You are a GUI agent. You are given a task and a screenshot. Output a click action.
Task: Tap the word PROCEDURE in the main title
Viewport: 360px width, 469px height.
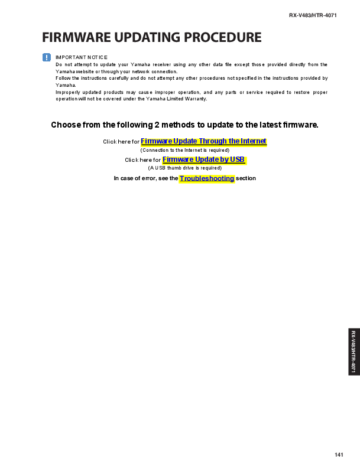click(223, 37)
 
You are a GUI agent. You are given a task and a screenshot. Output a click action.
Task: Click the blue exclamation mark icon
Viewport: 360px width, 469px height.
click(47, 57)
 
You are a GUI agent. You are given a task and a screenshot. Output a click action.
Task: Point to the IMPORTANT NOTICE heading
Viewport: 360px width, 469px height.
click(82, 57)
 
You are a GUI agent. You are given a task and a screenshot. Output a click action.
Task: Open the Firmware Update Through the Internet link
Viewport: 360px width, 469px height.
click(203, 141)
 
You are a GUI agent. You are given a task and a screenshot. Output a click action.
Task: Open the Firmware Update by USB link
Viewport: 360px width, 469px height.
click(203, 159)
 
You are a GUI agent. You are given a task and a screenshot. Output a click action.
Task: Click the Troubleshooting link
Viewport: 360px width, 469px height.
click(207, 178)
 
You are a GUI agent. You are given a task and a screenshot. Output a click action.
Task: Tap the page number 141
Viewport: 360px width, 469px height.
click(339, 454)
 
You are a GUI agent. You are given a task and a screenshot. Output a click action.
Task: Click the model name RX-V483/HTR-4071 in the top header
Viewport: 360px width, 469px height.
click(313, 15)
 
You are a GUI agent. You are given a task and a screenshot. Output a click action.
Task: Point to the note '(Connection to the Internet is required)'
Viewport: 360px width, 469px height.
click(184, 150)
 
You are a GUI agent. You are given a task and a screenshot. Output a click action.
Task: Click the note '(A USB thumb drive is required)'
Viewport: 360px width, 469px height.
click(184, 168)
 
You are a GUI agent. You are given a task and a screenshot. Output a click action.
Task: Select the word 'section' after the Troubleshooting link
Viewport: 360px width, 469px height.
click(246, 178)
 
